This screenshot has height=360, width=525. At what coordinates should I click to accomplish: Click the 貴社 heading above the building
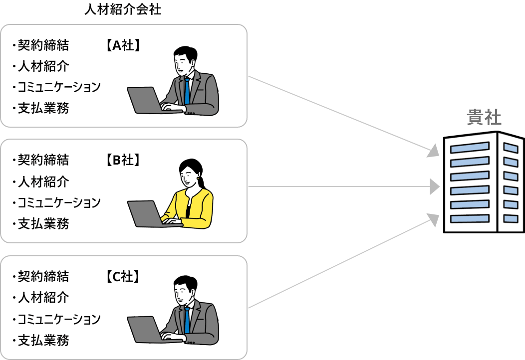point(484,118)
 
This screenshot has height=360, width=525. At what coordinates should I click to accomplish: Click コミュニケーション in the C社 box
point(59,319)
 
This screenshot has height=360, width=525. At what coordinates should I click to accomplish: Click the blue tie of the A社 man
point(187,90)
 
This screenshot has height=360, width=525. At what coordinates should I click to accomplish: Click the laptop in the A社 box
point(145,100)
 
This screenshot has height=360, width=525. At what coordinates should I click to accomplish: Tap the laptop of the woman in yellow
point(145,213)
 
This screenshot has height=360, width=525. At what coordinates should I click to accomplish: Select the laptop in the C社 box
point(145,330)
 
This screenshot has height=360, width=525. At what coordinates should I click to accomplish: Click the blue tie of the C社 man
point(187,320)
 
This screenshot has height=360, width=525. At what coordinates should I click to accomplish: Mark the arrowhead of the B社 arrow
point(435,187)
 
